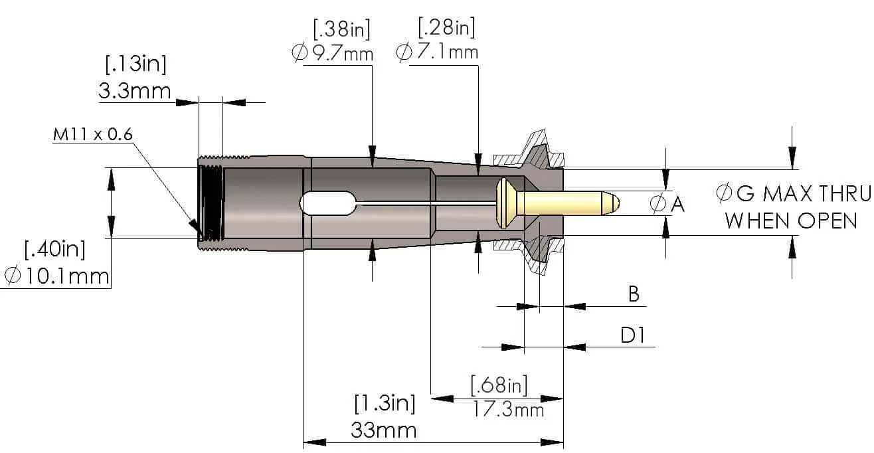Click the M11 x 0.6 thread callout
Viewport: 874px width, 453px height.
click(93, 135)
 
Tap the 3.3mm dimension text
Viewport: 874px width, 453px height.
click(135, 90)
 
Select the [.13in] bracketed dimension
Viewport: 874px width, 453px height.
click(135, 64)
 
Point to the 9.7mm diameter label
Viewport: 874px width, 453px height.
click(340, 53)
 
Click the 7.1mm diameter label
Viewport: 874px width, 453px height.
click(444, 52)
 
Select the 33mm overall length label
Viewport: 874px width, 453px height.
click(383, 430)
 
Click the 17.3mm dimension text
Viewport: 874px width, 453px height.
click(507, 409)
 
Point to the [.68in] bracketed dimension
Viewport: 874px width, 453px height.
click(499, 385)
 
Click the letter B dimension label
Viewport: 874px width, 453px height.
click(634, 294)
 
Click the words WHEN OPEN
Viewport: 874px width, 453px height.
click(791, 221)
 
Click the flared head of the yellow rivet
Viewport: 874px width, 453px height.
click(504, 201)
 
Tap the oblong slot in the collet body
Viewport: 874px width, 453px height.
click(329, 203)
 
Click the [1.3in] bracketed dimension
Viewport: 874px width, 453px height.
click(385, 403)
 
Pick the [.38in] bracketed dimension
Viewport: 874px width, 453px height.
click(341, 29)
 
